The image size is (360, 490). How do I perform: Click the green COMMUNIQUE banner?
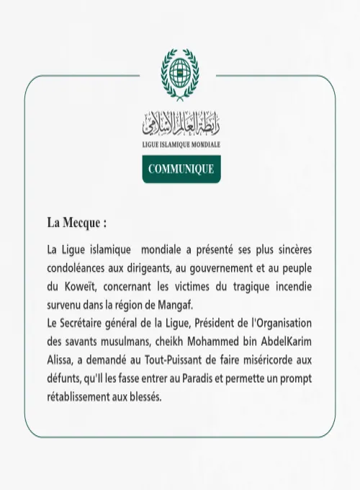(181, 169)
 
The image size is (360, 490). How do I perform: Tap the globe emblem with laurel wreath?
(180, 76)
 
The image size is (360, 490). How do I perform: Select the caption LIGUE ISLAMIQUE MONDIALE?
(181, 145)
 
